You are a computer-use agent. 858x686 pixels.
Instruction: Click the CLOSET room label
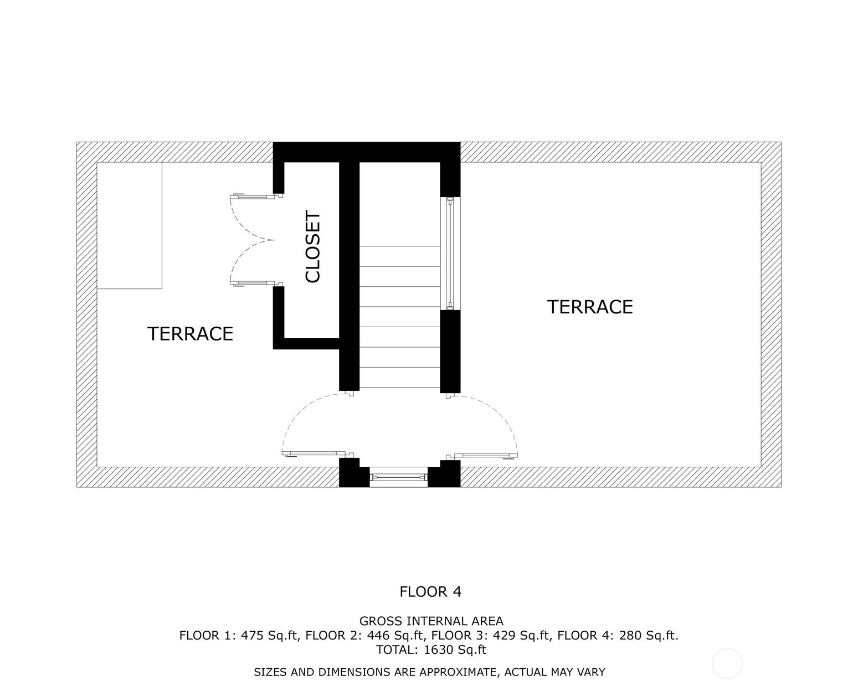click(x=312, y=247)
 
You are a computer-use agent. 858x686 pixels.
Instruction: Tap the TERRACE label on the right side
click(x=590, y=307)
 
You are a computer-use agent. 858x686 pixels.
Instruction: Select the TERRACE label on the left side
click(x=190, y=334)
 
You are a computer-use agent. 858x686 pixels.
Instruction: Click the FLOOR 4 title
click(x=430, y=591)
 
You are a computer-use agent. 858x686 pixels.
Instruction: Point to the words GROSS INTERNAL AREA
click(x=431, y=621)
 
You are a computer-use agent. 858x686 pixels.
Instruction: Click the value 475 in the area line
click(x=252, y=636)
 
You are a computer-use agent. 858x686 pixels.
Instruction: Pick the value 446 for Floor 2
click(x=378, y=636)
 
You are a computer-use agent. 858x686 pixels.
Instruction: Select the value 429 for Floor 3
click(x=505, y=636)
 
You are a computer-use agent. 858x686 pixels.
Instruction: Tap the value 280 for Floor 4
click(x=630, y=636)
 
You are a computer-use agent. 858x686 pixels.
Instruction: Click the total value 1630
click(x=439, y=649)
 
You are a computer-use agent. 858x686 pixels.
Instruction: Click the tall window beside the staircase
click(x=450, y=254)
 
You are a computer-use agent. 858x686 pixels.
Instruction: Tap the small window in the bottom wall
click(x=399, y=477)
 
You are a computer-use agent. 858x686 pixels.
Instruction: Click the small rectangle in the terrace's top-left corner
click(x=130, y=225)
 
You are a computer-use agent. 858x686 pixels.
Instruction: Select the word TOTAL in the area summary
click(x=396, y=649)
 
